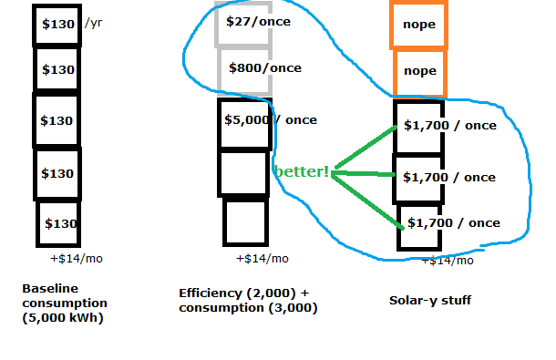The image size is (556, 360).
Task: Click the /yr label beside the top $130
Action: click(93, 23)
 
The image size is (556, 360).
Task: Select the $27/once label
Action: click(258, 21)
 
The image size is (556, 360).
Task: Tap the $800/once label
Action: click(265, 67)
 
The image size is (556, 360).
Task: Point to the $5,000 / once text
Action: click(271, 120)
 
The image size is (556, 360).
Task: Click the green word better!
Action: click(302, 171)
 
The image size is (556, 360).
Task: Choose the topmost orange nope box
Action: click(418, 24)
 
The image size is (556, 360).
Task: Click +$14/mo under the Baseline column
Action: click(77, 259)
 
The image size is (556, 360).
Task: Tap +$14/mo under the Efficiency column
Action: click(262, 259)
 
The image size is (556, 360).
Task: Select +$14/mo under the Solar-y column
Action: click(448, 261)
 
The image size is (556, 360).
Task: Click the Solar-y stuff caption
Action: click(430, 301)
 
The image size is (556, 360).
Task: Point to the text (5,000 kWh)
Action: click(63, 318)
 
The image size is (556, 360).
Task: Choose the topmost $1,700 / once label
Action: click(450, 125)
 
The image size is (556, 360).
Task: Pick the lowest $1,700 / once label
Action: click(454, 222)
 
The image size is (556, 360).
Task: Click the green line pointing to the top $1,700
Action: click(366, 147)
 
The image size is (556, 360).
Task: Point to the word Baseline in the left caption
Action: click(50, 288)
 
